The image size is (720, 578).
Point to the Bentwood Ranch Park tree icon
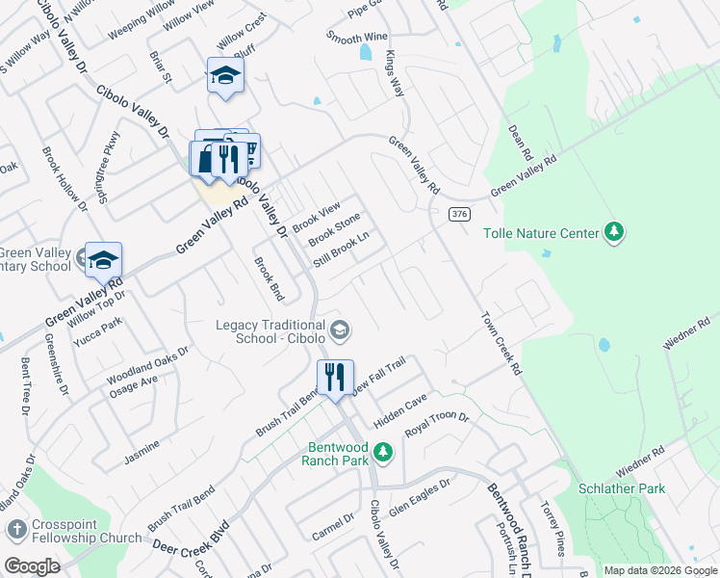tap(383, 451)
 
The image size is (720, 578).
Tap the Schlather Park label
tap(622, 488)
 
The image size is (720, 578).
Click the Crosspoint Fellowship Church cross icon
tap(16, 530)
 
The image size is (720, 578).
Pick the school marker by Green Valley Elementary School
tap(103, 260)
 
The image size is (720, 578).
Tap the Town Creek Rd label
tap(501, 343)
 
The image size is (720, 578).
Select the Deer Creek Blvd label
tap(191, 539)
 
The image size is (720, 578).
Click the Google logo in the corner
tap(31, 566)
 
